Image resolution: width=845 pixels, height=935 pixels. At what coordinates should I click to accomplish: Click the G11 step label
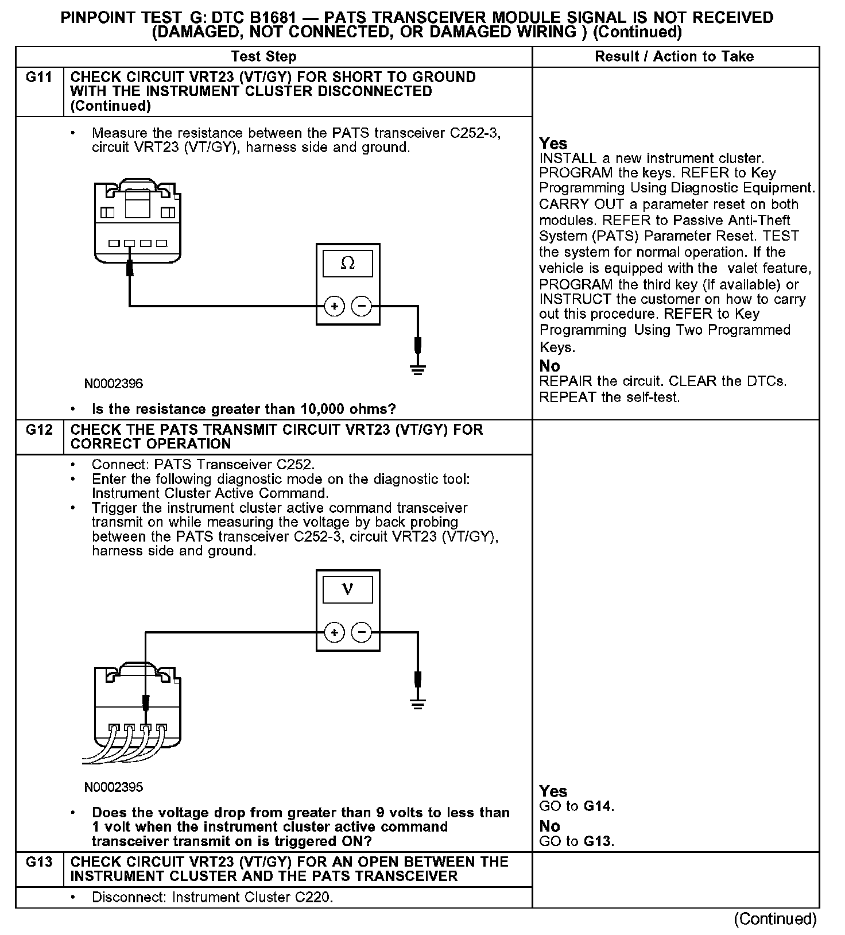(38, 78)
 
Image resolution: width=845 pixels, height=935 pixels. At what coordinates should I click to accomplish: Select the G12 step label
(38, 430)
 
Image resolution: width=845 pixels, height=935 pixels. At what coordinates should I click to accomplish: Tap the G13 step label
(38, 861)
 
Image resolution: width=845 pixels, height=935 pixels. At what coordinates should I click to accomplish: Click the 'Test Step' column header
(263, 56)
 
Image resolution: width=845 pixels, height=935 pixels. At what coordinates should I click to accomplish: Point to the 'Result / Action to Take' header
(674, 56)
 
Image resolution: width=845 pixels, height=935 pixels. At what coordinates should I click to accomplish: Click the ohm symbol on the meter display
(347, 264)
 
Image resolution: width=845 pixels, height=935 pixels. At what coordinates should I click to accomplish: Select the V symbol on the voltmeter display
(347, 589)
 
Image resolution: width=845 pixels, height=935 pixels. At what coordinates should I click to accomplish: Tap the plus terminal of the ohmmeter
(334, 307)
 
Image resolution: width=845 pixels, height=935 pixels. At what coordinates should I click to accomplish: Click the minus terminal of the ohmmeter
(362, 307)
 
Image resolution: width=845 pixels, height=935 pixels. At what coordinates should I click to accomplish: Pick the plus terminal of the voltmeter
(334, 633)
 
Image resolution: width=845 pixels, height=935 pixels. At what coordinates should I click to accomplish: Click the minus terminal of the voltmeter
(362, 633)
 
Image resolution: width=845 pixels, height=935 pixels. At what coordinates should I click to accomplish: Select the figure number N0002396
(114, 384)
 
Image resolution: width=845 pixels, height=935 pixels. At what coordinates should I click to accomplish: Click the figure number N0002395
(114, 787)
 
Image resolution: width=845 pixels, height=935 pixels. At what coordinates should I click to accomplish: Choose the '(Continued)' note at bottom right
(775, 919)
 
